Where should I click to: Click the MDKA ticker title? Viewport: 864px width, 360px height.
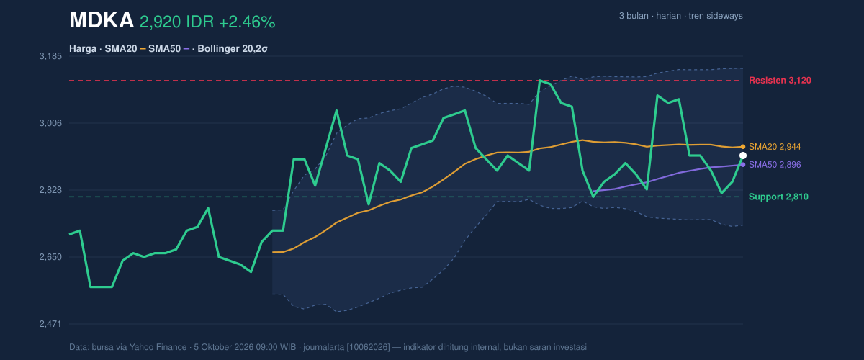pyautogui.click(x=102, y=20)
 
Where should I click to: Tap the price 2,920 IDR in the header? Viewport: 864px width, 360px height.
pyautogui.click(x=176, y=22)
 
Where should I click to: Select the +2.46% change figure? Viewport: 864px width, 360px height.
pyautogui.click(x=247, y=22)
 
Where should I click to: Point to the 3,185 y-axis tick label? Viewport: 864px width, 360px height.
pyautogui.click(x=50, y=56)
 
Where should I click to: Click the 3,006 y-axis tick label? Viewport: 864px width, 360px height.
pyautogui.click(x=50, y=123)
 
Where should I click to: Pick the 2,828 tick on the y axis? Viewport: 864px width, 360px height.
pyautogui.click(x=50, y=190)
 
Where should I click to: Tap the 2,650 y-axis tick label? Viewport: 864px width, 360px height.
pyautogui.click(x=50, y=257)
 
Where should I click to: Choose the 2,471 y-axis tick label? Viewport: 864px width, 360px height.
pyautogui.click(x=50, y=324)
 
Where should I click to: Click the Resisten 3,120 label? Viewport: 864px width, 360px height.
pyautogui.click(x=780, y=80)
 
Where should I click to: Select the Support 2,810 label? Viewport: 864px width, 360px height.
pyautogui.click(x=778, y=197)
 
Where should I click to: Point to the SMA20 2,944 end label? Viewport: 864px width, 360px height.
pyautogui.click(x=775, y=147)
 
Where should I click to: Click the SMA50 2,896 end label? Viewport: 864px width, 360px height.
pyautogui.click(x=775, y=165)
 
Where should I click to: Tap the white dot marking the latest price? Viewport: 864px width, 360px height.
pyautogui.click(x=743, y=156)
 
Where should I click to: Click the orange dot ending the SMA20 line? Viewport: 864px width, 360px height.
pyautogui.click(x=743, y=147)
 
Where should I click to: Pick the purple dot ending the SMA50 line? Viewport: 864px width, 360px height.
pyautogui.click(x=743, y=165)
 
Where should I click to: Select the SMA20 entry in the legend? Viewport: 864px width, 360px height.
pyautogui.click(x=121, y=49)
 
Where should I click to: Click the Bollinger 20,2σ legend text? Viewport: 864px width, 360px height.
pyautogui.click(x=232, y=49)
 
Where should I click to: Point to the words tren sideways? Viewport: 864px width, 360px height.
pyautogui.click(x=716, y=16)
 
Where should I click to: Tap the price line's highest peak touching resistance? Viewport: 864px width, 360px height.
pyautogui.click(x=539, y=80)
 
